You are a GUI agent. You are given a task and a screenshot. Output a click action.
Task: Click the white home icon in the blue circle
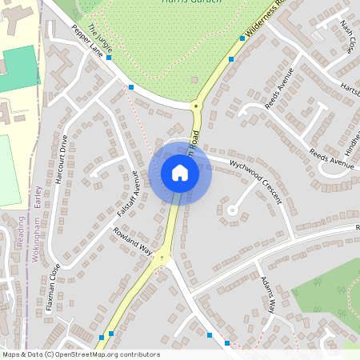pos(180,173)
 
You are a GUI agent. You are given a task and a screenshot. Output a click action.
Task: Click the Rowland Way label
pos(133,242)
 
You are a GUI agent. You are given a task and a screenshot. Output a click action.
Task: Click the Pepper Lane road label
pos(88,42)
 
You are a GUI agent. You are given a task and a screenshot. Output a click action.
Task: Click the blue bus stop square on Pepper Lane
pos(131,86)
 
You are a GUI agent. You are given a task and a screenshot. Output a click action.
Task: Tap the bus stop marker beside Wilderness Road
pos(231,59)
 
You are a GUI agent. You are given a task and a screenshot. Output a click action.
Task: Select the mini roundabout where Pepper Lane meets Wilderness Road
pos(195,105)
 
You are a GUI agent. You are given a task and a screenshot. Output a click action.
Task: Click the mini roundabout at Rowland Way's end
pos(162,258)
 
